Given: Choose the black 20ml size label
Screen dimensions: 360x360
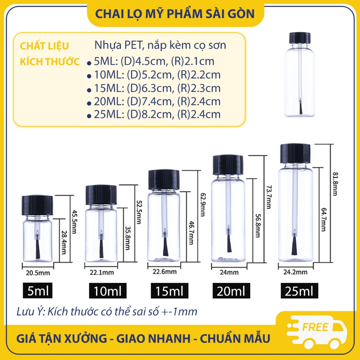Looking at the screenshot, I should [231, 291].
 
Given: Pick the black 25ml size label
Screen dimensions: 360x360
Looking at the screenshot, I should [299, 291].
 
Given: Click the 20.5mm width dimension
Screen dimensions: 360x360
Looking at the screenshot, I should [34, 272].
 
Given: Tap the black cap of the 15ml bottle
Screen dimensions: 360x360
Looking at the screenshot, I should [164, 179].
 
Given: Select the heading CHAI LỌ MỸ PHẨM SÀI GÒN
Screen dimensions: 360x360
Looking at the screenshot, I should [175, 13].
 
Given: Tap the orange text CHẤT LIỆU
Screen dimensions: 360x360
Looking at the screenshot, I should [44, 46].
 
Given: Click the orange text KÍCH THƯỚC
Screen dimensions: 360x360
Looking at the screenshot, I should [50, 62].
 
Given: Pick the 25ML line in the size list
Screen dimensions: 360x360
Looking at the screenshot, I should [157, 114].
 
